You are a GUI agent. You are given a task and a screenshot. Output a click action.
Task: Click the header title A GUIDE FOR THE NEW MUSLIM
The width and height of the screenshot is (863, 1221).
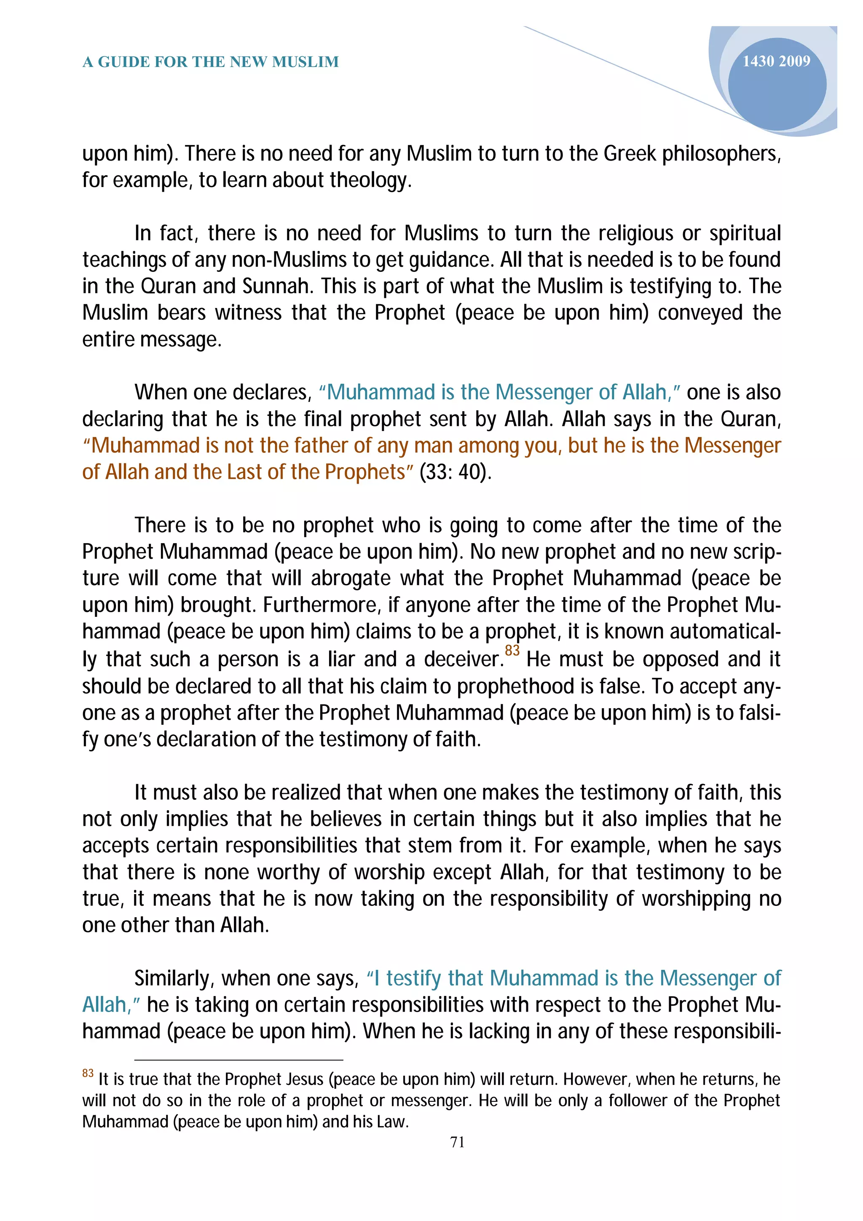point(211,62)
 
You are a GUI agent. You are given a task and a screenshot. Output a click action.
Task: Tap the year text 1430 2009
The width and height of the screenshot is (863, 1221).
point(776,61)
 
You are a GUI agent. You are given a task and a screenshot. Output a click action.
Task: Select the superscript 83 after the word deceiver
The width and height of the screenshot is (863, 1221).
point(512,650)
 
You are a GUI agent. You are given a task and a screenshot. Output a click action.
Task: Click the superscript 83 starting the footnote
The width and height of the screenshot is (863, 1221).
point(88,1073)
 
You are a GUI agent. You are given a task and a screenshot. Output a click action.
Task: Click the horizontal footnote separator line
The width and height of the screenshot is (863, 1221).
point(239,1060)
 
